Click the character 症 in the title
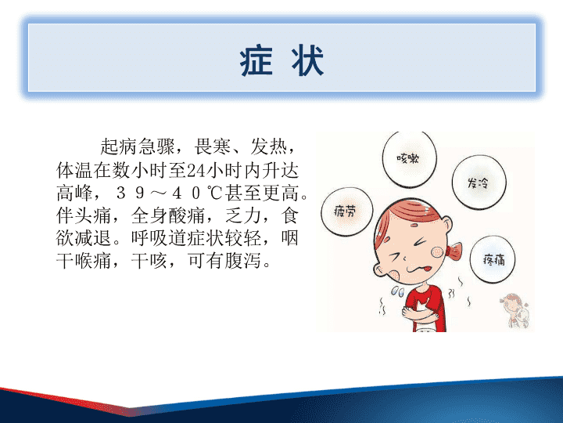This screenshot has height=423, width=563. click(x=256, y=61)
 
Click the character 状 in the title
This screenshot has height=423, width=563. click(x=307, y=61)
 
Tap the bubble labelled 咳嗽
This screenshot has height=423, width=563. click(x=409, y=158)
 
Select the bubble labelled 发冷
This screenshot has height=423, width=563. click(x=479, y=183)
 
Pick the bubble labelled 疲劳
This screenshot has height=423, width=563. click(x=347, y=211)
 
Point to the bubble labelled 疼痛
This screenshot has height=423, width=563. click(x=493, y=259)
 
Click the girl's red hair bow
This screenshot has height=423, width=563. click(x=454, y=250)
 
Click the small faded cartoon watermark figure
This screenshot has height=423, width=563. click(x=515, y=310)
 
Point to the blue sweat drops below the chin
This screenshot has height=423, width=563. click(x=398, y=291)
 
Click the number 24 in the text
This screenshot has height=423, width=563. click(x=196, y=170)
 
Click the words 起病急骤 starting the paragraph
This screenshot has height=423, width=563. click(x=138, y=146)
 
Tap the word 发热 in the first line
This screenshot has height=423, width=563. click(x=269, y=146)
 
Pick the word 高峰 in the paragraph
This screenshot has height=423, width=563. click(x=75, y=193)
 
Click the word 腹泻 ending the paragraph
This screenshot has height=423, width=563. click(x=242, y=260)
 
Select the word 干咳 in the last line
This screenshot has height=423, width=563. click(x=149, y=260)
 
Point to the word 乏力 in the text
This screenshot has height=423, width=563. click(x=243, y=215)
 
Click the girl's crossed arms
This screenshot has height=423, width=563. click(x=421, y=310)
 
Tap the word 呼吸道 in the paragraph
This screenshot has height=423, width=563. click(x=159, y=238)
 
